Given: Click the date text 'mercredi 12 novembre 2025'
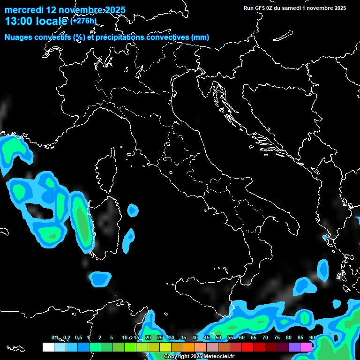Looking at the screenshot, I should [65, 9].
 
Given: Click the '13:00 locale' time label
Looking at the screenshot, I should [36, 21].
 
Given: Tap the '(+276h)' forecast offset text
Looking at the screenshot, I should [83, 21].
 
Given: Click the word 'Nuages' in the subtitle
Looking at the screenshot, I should [19, 37].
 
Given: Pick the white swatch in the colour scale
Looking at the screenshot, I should [48, 347].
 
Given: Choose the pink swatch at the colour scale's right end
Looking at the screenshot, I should [306, 347].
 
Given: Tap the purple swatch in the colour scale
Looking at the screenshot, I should [294, 347].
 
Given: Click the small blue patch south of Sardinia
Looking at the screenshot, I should [100, 279].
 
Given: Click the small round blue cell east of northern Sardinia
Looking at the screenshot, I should [133, 210].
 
